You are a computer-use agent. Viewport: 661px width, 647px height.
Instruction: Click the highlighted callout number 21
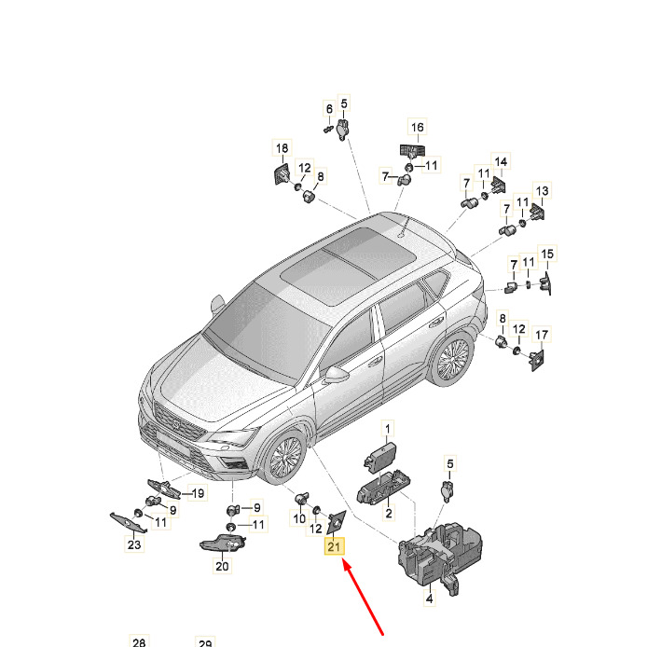pos(334,546)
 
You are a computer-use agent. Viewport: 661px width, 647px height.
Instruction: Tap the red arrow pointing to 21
pos(364,597)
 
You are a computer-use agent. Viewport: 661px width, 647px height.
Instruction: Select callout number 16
pos(417,127)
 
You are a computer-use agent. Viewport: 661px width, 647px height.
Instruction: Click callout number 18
pos(282,148)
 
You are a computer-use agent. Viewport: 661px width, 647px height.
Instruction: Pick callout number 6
pos(329,109)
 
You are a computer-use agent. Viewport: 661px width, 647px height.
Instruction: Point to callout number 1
pos(388,429)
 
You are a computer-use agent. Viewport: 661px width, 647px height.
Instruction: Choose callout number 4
pos(429,599)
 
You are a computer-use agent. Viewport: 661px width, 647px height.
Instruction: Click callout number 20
pos(222,566)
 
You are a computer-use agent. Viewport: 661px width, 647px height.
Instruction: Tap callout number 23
pos(134,544)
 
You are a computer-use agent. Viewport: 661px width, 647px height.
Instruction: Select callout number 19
pos(198,493)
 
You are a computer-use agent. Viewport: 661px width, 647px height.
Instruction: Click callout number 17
pos(542,335)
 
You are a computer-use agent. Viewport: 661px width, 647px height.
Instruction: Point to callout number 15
pos(546,254)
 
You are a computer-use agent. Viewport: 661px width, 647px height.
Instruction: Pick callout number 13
pos(542,190)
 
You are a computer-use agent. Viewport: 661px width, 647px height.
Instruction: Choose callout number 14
pos(501,161)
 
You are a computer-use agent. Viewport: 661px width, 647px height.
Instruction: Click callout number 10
pos(299,517)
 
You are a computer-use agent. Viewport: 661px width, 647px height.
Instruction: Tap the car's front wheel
pos(284,458)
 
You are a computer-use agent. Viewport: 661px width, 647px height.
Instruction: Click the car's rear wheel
pos(451,358)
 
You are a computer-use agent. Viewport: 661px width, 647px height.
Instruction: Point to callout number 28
pos(139,641)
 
